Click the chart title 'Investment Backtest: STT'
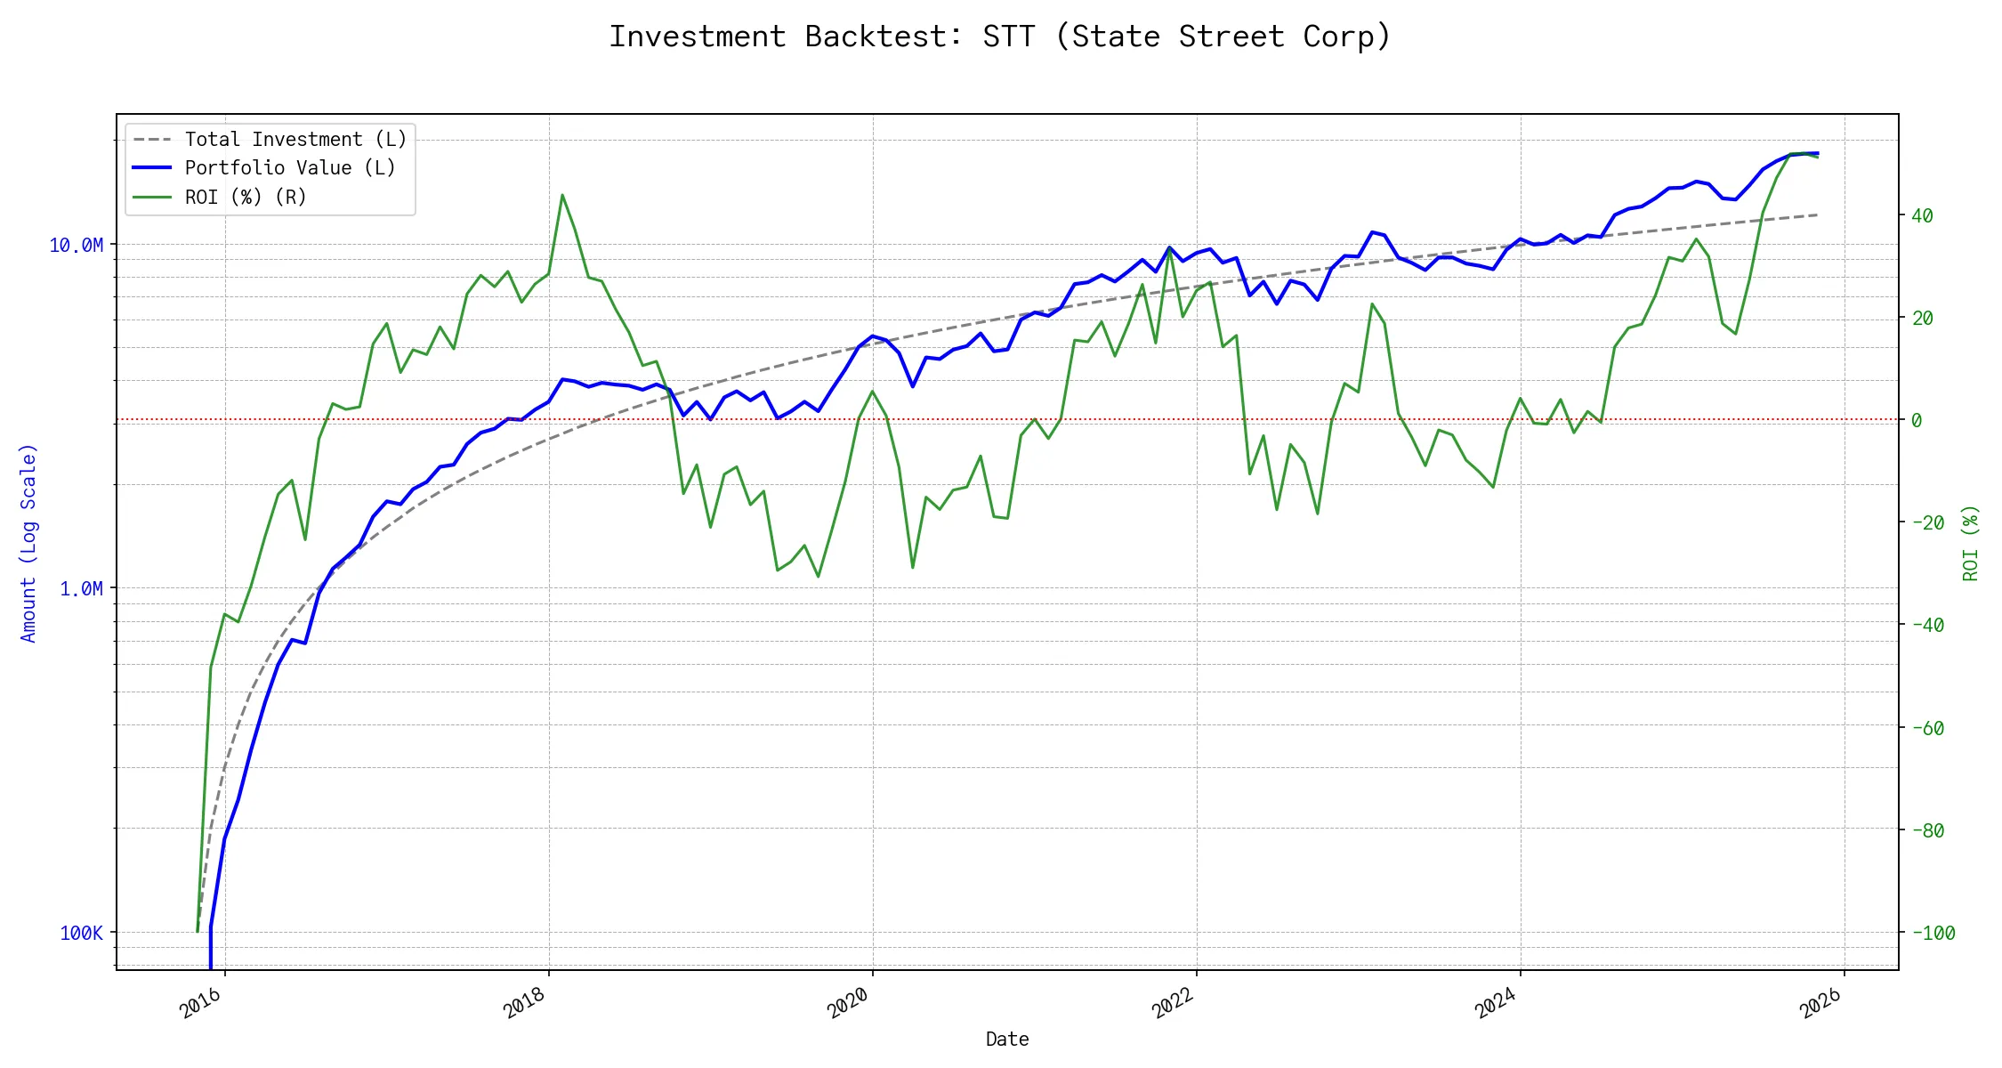[x=999, y=36]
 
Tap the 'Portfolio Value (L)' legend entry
[x=290, y=168]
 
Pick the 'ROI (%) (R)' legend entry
[x=246, y=198]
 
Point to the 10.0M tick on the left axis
[x=77, y=246]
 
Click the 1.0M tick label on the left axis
[x=81, y=589]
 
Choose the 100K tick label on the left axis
[x=81, y=934]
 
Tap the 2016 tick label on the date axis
[x=201, y=1004]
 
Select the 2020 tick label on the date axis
[x=848, y=1004]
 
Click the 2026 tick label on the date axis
[x=1820, y=1004]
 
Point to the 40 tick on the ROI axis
[x=1922, y=215]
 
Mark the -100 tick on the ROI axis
[x=1933, y=934]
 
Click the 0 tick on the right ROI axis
[x=1917, y=420]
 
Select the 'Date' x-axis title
[x=1007, y=1040]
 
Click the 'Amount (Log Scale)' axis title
[x=28, y=543]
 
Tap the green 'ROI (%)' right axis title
[x=1971, y=543]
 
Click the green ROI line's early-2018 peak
[x=562, y=195]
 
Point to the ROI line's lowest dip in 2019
[x=818, y=577]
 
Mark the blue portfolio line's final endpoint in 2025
[x=1817, y=153]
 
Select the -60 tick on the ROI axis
[x=1927, y=728]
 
